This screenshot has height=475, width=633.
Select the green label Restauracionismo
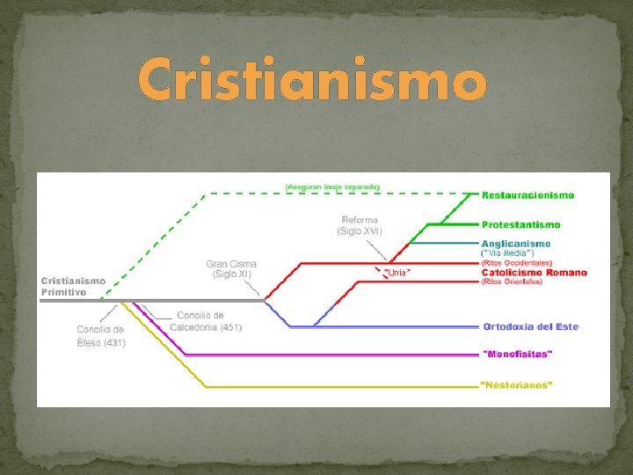[x=527, y=194]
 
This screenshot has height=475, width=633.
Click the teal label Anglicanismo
[x=516, y=243]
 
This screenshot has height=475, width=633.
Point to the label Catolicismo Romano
[x=534, y=272]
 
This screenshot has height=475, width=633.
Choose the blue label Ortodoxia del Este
[x=531, y=326]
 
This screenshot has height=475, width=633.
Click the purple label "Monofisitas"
[x=518, y=354]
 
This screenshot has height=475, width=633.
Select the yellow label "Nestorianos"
[x=517, y=385]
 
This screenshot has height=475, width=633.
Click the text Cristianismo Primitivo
[x=74, y=286]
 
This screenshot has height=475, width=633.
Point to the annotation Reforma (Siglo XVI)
[x=360, y=225]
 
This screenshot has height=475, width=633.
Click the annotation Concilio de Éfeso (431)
[x=100, y=336]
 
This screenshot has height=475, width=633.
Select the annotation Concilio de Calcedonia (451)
[x=209, y=321]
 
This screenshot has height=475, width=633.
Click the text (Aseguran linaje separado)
[x=332, y=186]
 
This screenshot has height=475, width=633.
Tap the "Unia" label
[x=397, y=274]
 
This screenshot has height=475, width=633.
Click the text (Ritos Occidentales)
[x=516, y=262]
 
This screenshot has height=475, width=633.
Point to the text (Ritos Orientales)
[x=511, y=281]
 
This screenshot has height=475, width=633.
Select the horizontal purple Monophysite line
[x=334, y=354]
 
